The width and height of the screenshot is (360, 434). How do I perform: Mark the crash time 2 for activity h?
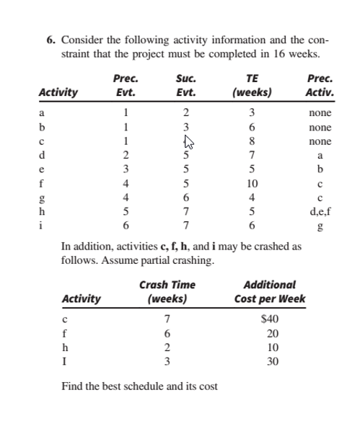[x=167, y=347]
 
